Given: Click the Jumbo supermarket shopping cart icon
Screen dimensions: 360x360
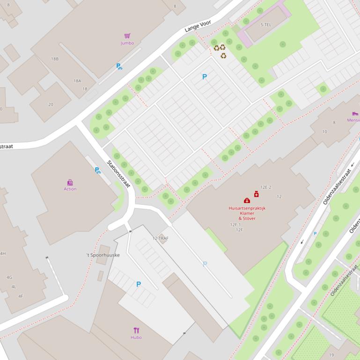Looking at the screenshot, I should [127, 36].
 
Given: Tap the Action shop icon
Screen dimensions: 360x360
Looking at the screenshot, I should [70, 182].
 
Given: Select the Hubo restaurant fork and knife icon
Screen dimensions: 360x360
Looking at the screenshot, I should [136, 331].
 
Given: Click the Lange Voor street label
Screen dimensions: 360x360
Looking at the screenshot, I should [198, 26].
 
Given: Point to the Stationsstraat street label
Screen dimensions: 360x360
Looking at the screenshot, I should [118, 174].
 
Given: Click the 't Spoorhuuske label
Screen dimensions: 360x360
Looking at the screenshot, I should [103, 255].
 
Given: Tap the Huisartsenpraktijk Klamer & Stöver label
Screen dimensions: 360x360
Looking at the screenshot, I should [247, 213].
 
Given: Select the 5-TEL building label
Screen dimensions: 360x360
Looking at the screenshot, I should [265, 25].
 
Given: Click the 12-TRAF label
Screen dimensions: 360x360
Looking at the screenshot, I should [160, 238].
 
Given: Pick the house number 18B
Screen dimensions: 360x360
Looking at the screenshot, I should [55, 59].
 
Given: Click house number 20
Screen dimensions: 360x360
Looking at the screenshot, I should [51, 104].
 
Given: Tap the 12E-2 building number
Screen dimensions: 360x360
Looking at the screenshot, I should [266, 187].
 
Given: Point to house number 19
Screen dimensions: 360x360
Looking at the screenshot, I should [331, 355].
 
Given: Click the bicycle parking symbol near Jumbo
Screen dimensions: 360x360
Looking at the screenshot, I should [119, 66].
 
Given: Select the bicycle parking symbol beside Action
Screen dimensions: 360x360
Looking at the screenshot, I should [97, 171].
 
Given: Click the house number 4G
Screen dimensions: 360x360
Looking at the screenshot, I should [9, 277].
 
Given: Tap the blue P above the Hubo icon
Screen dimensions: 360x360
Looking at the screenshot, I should [139, 284].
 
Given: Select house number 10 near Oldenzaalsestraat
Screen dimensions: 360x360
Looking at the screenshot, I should [324, 132].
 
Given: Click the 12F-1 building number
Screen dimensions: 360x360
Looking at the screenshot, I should [235, 225].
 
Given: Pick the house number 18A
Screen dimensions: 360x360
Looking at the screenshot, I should [77, 81].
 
